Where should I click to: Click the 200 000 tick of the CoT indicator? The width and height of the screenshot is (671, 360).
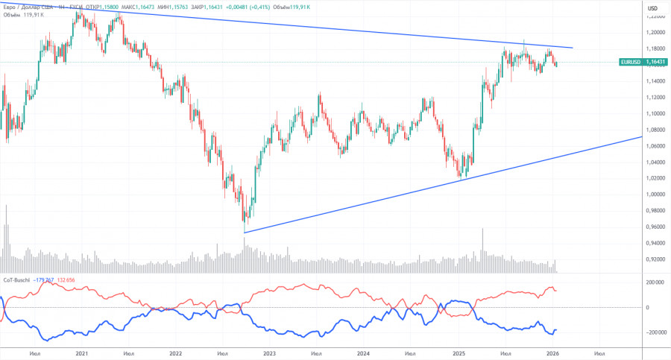pyautogui.click(x=655, y=283)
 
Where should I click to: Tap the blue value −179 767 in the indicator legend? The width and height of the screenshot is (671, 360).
pyautogui.click(x=45, y=280)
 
